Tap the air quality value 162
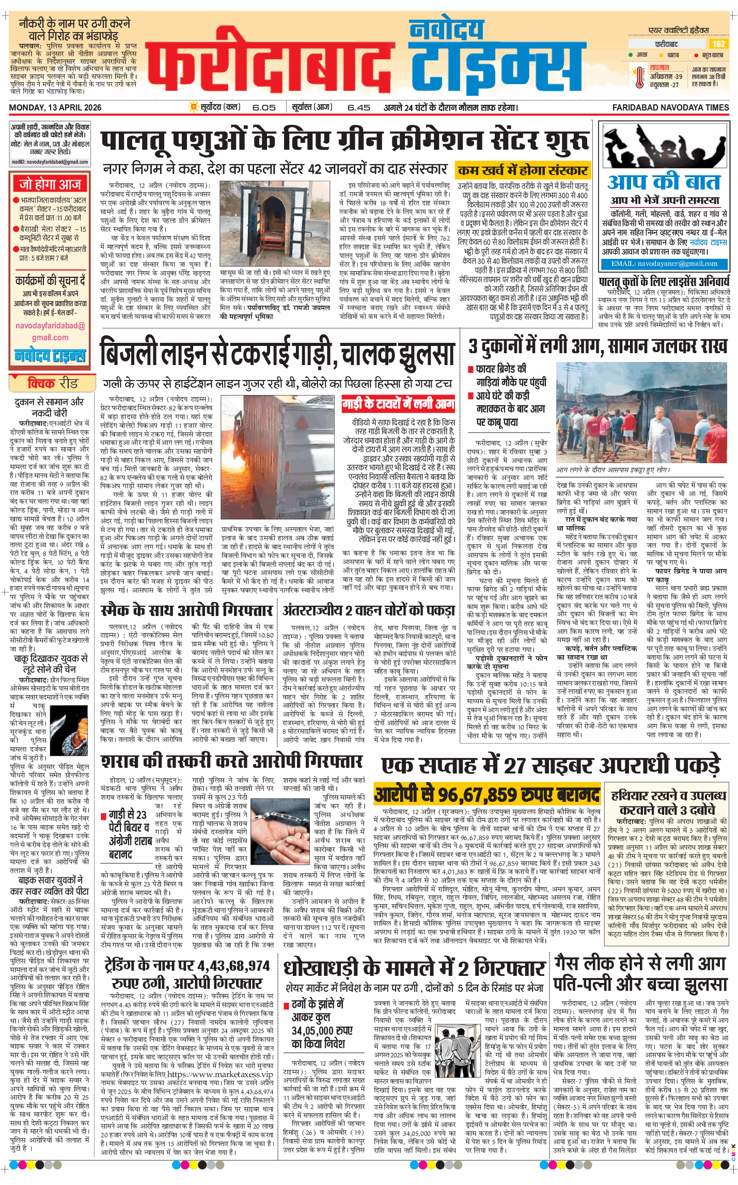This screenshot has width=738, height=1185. click(x=718, y=44)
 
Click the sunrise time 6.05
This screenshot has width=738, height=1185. click(x=264, y=107)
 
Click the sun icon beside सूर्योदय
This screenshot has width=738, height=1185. click(x=194, y=107)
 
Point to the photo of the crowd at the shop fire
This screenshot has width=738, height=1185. click(x=641, y=413)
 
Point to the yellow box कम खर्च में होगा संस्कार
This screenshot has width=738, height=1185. click(x=523, y=170)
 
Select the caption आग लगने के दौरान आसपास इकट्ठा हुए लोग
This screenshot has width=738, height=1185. click(x=612, y=470)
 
